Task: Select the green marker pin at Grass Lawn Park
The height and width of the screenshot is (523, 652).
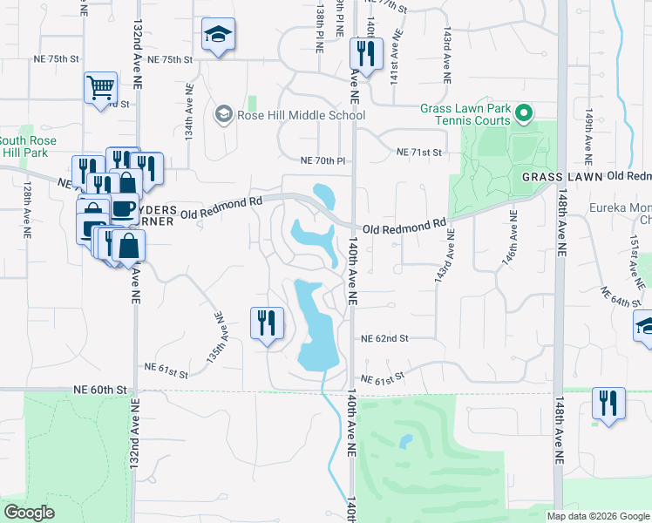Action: pos(523,112)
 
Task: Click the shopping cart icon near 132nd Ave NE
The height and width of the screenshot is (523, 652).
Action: pos(101,87)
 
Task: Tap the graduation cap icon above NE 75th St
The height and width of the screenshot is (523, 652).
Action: pos(218,35)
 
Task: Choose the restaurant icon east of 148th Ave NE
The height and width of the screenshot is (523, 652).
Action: pos(608,403)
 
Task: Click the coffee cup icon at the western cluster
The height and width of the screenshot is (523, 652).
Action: pos(123,208)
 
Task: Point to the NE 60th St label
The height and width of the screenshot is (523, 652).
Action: pos(100,389)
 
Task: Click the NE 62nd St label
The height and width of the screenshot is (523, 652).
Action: pos(385,337)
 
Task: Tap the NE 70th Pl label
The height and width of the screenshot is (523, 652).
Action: pos(323,160)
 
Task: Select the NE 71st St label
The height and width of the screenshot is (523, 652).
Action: pos(419,152)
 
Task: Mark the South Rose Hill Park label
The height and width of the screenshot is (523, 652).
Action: pos(28,146)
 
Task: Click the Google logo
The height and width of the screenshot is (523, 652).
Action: pos(30,513)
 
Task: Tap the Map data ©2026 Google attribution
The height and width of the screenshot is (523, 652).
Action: pos(598,516)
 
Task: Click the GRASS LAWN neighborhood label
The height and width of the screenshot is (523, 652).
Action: pos(562,176)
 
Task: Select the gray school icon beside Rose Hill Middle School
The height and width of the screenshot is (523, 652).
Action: pos(223,115)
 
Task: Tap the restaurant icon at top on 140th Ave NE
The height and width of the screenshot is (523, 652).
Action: pos(362,53)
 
